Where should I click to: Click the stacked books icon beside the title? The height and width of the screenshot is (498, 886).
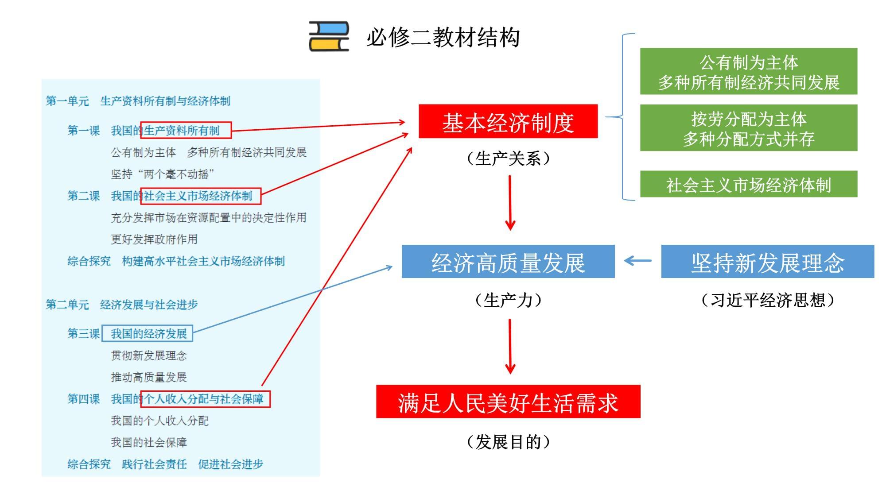(x=329, y=36)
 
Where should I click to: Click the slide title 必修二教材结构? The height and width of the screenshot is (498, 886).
(x=443, y=37)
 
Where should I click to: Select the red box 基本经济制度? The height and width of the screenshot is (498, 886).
(x=508, y=122)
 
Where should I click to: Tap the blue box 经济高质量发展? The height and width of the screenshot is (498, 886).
(x=508, y=262)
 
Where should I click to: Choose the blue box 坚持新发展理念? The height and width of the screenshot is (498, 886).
(x=767, y=262)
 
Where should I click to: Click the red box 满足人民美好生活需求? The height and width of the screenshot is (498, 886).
(x=508, y=402)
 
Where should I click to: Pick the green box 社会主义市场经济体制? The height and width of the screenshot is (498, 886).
(x=748, y=184)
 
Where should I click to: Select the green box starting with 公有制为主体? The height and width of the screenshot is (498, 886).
(x=748, y=72)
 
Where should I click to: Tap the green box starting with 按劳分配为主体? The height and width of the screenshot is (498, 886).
(x=748, y=128)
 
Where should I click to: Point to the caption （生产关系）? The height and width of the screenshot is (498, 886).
(x=508, y=158)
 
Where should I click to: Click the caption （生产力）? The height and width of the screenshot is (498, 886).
(x=508, y=300)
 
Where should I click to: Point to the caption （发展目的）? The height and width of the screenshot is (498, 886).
(x=508, y=442)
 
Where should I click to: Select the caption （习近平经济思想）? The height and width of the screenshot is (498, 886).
(x=767, y=300)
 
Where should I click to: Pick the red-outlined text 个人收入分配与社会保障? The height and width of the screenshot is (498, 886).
(x=205, y=399)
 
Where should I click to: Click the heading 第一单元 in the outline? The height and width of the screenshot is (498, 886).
(x=67, y=101)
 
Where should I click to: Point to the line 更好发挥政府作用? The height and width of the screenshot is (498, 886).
(x=154, y=239)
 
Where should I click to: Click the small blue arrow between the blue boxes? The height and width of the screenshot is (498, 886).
(x=638, y=261)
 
